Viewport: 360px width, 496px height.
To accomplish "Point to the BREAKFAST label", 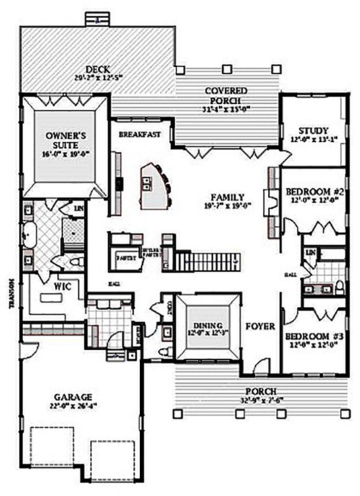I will click(140, 134).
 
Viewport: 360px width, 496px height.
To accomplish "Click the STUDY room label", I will click(313, 131).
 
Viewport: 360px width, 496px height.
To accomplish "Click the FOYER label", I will click(260, 327).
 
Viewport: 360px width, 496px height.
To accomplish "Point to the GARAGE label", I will click(73, 397).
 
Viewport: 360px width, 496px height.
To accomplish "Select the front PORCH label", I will click(263, 391).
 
